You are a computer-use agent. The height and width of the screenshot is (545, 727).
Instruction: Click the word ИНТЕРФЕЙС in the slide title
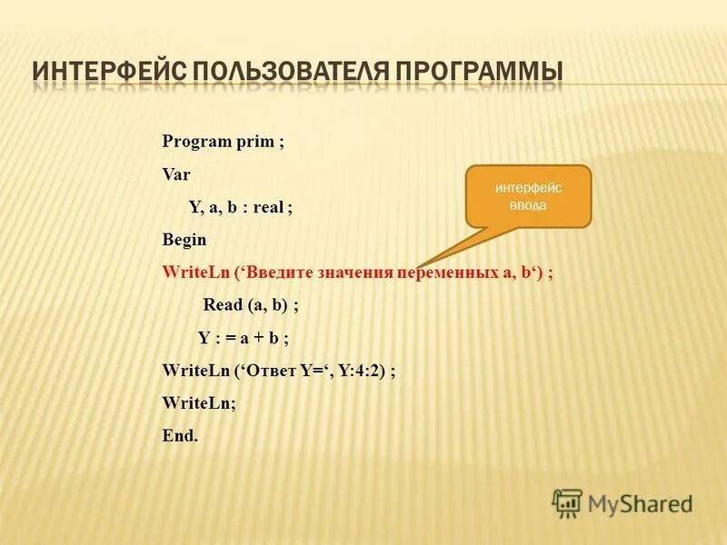click(x=105, y=71)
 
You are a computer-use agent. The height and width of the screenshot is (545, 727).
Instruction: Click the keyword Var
click(x=175, y=173)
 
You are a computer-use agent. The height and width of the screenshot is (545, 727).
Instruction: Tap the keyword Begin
click(x=184, y=240)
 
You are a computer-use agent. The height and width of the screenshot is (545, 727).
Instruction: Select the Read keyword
click(x=222, y=306)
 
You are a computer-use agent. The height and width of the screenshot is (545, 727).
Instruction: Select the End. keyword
click(x=179, y=435)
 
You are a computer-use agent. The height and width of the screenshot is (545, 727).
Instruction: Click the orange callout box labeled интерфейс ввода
click(x=528, y=195)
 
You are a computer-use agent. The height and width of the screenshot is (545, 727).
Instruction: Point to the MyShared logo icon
click(x=567, y=502)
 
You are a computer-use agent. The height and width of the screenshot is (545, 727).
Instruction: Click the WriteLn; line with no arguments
click(x=198, y=403)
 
